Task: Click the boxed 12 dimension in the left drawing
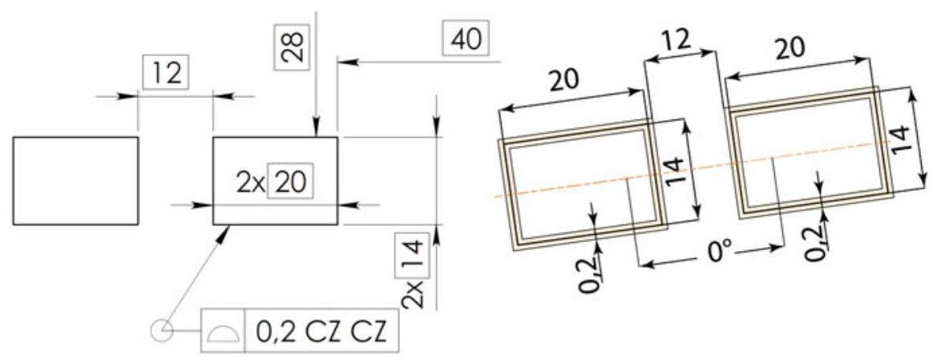pyautogui.click(x=163, y=74)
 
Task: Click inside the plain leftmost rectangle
pyautogui.click(x=75, y=180)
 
